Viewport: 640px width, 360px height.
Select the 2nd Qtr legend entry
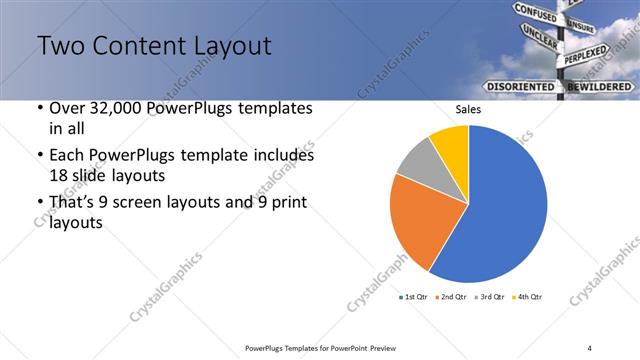[453, 297]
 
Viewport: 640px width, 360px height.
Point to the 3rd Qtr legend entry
[490, 297]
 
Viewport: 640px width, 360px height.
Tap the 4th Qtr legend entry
[527, 297]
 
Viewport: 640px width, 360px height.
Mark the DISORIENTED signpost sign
[520, 87]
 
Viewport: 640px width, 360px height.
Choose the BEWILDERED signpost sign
[600, 87]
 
